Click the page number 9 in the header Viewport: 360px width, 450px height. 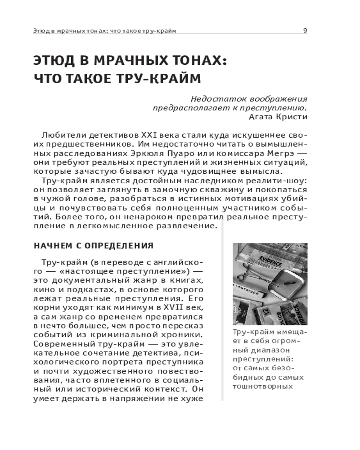coord(305,31)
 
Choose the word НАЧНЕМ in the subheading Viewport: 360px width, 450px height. coord(50,246)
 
